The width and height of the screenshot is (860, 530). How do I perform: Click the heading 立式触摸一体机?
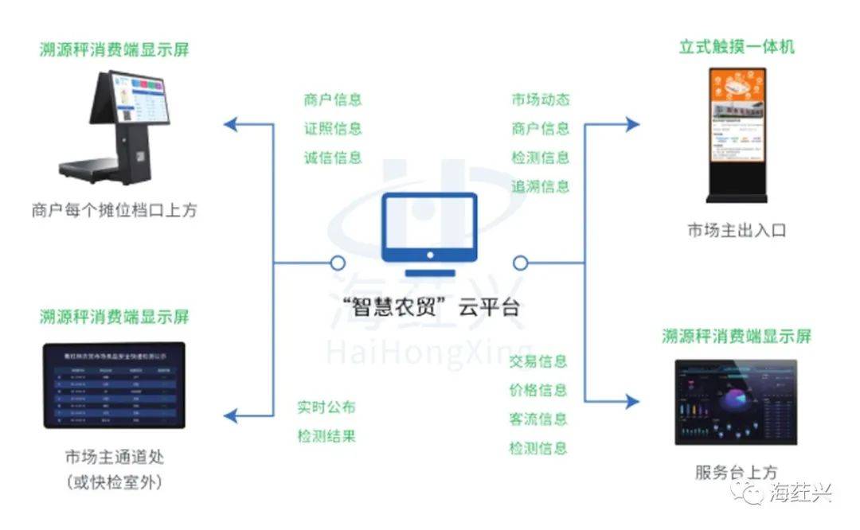737,46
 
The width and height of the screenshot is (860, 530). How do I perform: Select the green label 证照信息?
333,128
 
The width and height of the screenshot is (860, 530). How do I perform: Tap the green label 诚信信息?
333,157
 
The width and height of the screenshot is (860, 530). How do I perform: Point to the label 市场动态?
541,99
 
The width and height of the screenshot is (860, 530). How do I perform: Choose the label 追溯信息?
541,186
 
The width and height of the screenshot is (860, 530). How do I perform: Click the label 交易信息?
538,361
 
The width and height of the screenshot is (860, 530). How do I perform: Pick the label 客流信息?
538,419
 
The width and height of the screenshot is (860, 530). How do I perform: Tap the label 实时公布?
326,407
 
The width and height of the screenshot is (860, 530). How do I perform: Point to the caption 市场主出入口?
737,231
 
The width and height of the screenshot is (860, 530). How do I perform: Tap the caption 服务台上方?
737,472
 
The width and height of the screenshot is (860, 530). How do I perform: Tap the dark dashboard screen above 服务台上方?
736,402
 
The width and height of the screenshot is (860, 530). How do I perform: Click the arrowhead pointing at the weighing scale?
229,123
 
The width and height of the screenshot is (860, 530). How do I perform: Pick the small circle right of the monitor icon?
521,262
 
